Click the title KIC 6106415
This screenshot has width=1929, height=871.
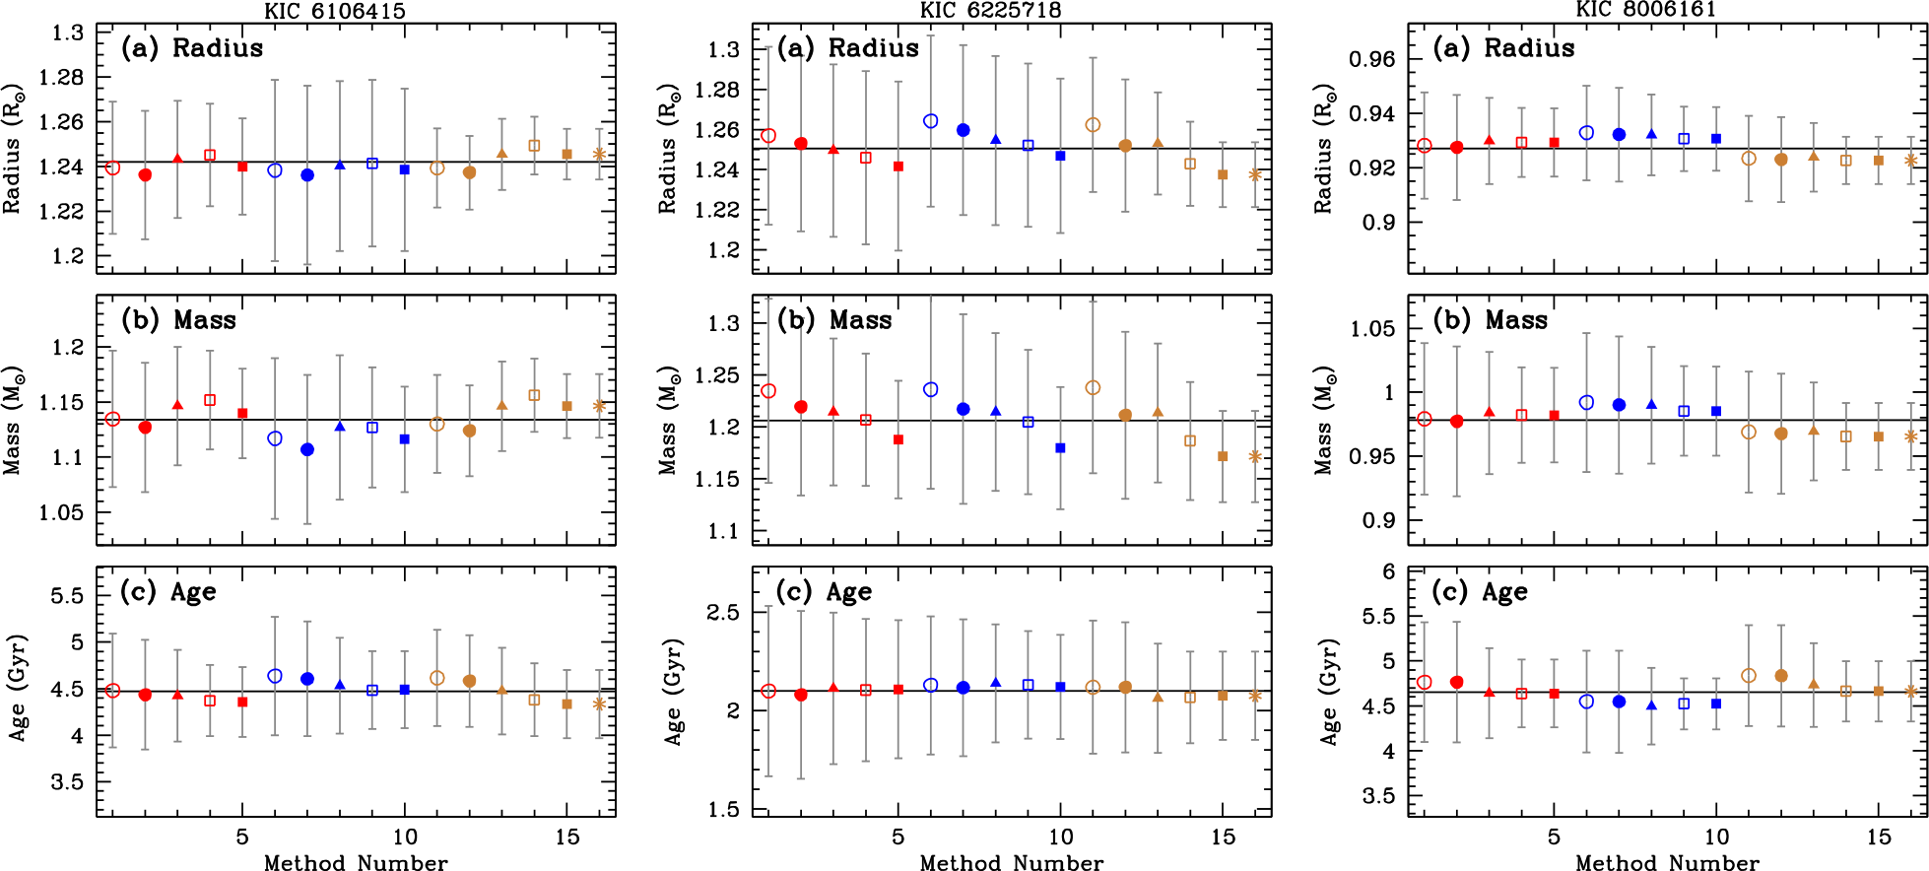point(335,11)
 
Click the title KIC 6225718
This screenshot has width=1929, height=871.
point(991,11)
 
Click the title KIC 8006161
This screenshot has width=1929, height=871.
point(1645,10)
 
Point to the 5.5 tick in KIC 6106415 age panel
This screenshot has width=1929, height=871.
point(67,596)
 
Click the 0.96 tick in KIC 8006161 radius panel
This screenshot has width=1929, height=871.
point(1373,59)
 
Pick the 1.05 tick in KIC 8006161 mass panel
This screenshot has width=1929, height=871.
point(1373,329)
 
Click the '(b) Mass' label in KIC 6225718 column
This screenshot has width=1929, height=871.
point(834,320)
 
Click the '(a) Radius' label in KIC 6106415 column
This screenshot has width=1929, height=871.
point(192,48)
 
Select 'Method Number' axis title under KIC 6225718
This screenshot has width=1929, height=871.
point(1011,863)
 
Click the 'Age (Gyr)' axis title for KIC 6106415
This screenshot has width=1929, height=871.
point(18,688)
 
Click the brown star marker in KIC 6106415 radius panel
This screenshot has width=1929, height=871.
point(599,154)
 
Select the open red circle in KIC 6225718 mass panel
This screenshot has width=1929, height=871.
point(768,391)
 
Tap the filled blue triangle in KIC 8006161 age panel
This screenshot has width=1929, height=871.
point(1651,705)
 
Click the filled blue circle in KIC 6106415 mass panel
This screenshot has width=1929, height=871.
point(307,449)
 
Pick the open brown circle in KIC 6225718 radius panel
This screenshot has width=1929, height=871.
point(1093,125)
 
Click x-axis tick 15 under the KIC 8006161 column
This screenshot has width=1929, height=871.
point(1879,837)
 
